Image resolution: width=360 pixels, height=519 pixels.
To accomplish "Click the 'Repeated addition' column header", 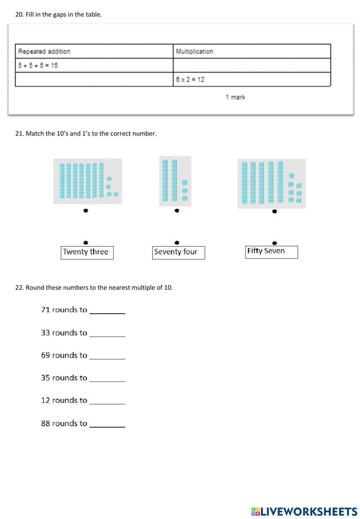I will click(44, 51).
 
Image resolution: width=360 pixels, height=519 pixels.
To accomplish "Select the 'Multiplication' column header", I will click(194, 51).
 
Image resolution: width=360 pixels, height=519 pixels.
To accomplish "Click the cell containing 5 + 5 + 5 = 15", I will click(38, 65).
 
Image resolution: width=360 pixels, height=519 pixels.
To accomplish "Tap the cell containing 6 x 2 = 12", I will click(190, 79).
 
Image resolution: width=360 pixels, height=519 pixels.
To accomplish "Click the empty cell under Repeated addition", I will click(94, 79).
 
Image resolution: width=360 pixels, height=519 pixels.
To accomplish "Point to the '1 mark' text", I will click(235, 97).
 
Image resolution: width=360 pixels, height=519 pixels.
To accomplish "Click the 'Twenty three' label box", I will click(87, 252).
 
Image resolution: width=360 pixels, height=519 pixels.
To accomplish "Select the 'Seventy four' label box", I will click(178, 252).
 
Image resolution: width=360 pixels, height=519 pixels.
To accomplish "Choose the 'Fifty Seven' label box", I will click(271, 252).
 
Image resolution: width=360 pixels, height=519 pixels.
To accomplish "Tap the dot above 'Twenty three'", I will click(86, 243).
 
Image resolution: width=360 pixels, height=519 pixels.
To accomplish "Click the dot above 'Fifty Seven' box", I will click(275, 243).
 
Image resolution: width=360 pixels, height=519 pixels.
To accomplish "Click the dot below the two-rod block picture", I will click(177, 211).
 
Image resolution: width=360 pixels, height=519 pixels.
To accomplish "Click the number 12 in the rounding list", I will click(45, 400).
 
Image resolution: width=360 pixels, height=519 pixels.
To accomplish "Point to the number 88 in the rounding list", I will click(45, 423).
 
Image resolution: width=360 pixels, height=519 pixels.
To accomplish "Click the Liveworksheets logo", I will click(304, 511).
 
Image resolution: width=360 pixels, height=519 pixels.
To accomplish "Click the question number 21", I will click(19, 133).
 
